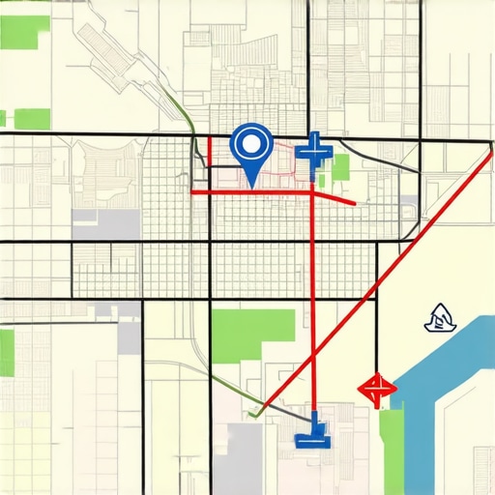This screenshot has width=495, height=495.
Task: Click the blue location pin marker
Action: pyautogui.click(x=251, y=149)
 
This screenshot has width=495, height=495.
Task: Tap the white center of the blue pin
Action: pyautogui.click(x=251, y=144)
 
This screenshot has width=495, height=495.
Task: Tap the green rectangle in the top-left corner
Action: pyautogui.click(x=25, y=31)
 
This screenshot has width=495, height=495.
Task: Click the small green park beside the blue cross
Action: pyautogui.click(x=339, y=167)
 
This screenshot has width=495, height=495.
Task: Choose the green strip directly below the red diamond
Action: pyautogui.click(x=391, y=440)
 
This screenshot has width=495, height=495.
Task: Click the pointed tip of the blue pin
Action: pyautogui.click(x=251, y=184)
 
